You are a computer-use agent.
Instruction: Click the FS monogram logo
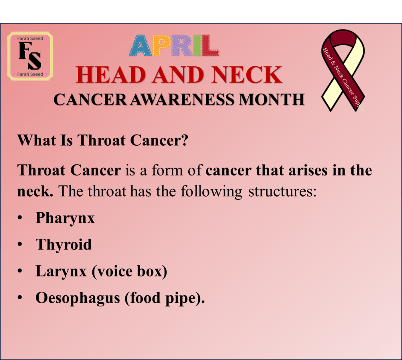click(30, 56)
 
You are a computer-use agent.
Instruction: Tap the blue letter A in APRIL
click(141, 46)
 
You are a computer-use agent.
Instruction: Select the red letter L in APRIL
click(210, 45)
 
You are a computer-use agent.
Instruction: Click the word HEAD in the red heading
click(111, 75)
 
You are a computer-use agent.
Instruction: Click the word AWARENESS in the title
click(182, 100)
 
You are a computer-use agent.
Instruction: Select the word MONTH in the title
click(272, 100)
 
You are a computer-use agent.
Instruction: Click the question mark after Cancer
click(185, 140)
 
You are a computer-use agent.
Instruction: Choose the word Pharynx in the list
click(65, 218)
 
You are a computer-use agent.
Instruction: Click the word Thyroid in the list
click(64, 244)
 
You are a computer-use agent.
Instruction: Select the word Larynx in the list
click(61, 272)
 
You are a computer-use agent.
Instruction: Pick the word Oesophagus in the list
click(78, 298)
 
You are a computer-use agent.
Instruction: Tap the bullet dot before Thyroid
click(20, 244)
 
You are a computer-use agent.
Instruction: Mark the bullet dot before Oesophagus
click(20, 298)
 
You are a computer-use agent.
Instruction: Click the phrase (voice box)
click(129, 271)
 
